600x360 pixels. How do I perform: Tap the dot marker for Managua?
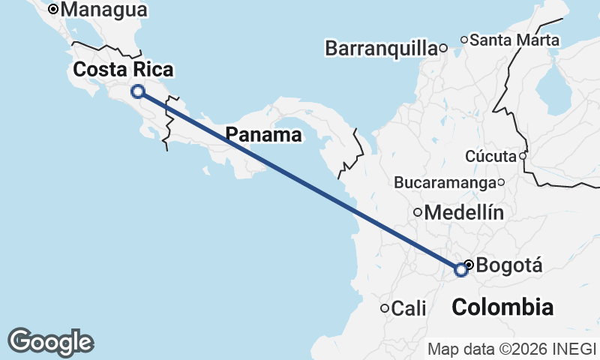pyautogui.click(x=53, y=10)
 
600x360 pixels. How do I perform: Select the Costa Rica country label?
pyautogui.click(x=123, y=70)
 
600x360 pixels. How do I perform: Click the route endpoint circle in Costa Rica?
pyautogui.click(x=138, y=91)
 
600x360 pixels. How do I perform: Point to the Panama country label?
pyautogui.click(x=264, y=135)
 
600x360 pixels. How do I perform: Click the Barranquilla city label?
pyautogui.click(x=381, y=49)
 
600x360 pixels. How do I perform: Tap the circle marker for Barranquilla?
pyautogui.click(x=443, y=49)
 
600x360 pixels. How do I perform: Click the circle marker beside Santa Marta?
pyautogui.click(x=464, y=40)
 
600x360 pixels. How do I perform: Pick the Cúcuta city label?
pyautogui.click(x=491, y=156)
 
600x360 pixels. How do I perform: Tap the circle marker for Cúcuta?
pyautogui.click(x=523, y=156)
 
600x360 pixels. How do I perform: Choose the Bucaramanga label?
pyautogui.click(x=445, y=182)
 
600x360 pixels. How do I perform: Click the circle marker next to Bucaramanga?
pyautogui.click(x=501, y=182)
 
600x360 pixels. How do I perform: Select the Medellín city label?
pyautogui.click(x=463, y=213)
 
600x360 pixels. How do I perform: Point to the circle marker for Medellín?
pyautogui.click(x=418, y=213)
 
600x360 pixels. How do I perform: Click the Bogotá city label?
pyautogui.click(x=509, y=265)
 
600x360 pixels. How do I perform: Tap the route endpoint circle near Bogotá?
pyautogui.click(x=461, y=270)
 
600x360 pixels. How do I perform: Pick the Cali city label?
pyautogui.click(x=409, y=308)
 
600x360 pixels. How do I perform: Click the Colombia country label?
pyautogui.click(x=503, y=307)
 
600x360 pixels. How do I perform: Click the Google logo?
pyautogui.click(x=50, y=342)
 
